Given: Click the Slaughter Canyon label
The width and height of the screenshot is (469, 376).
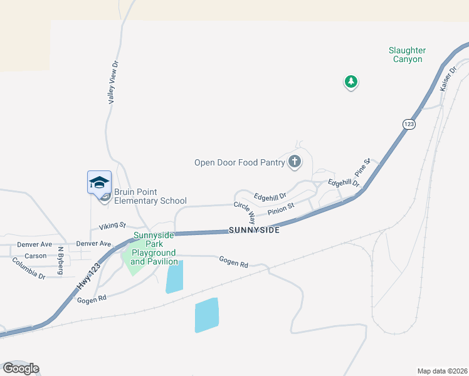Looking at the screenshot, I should click(407, 55).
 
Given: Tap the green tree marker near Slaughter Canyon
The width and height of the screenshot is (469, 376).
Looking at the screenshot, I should click(351, 81).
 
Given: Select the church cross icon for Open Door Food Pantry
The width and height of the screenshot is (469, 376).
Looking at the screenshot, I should click(294, 162).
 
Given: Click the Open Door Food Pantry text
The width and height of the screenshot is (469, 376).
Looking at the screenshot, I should click(240, 163).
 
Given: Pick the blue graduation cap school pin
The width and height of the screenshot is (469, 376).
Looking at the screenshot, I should click(99, 182).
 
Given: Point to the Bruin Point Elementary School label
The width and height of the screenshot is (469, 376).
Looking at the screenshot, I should click(150, 196).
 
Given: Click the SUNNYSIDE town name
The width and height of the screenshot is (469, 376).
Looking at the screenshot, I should click(253, 231).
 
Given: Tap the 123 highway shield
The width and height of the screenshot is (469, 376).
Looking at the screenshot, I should click(408, 125).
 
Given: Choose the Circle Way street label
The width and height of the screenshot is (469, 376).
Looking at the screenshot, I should click(245, 213).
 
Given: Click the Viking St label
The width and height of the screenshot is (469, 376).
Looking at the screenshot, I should click(113, 225).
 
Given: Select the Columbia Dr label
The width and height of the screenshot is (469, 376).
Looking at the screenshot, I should click(29, 268).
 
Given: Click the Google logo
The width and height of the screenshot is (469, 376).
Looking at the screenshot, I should click(21, 368).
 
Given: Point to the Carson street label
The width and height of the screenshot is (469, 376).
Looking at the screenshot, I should click(35, 256).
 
